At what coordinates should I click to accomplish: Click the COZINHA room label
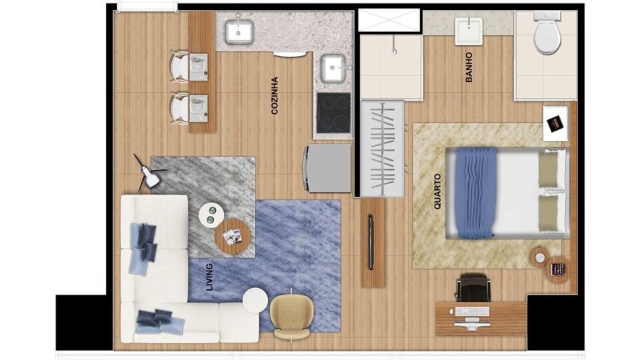point(275,95)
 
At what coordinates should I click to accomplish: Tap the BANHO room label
point(469,67)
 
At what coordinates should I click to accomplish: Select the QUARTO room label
point(437,191)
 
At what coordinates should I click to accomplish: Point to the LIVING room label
point(210,277)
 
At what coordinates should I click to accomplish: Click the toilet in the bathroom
point(547,33)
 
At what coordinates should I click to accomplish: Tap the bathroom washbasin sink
point(469,31)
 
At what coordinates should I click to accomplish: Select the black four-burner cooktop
point(334,113)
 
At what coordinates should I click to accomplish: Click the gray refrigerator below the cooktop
point(327,168)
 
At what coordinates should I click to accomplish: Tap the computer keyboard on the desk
point(473,312)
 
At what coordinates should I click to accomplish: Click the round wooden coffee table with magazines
point(232,237)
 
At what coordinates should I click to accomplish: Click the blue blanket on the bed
point(476,193)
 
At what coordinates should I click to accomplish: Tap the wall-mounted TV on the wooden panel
point(371,242)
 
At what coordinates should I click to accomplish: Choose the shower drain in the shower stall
point(394,51)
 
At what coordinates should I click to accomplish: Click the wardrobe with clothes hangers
point(383,149)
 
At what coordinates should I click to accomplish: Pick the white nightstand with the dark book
point(555,124)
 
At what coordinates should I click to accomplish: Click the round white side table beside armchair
point(255,301)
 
